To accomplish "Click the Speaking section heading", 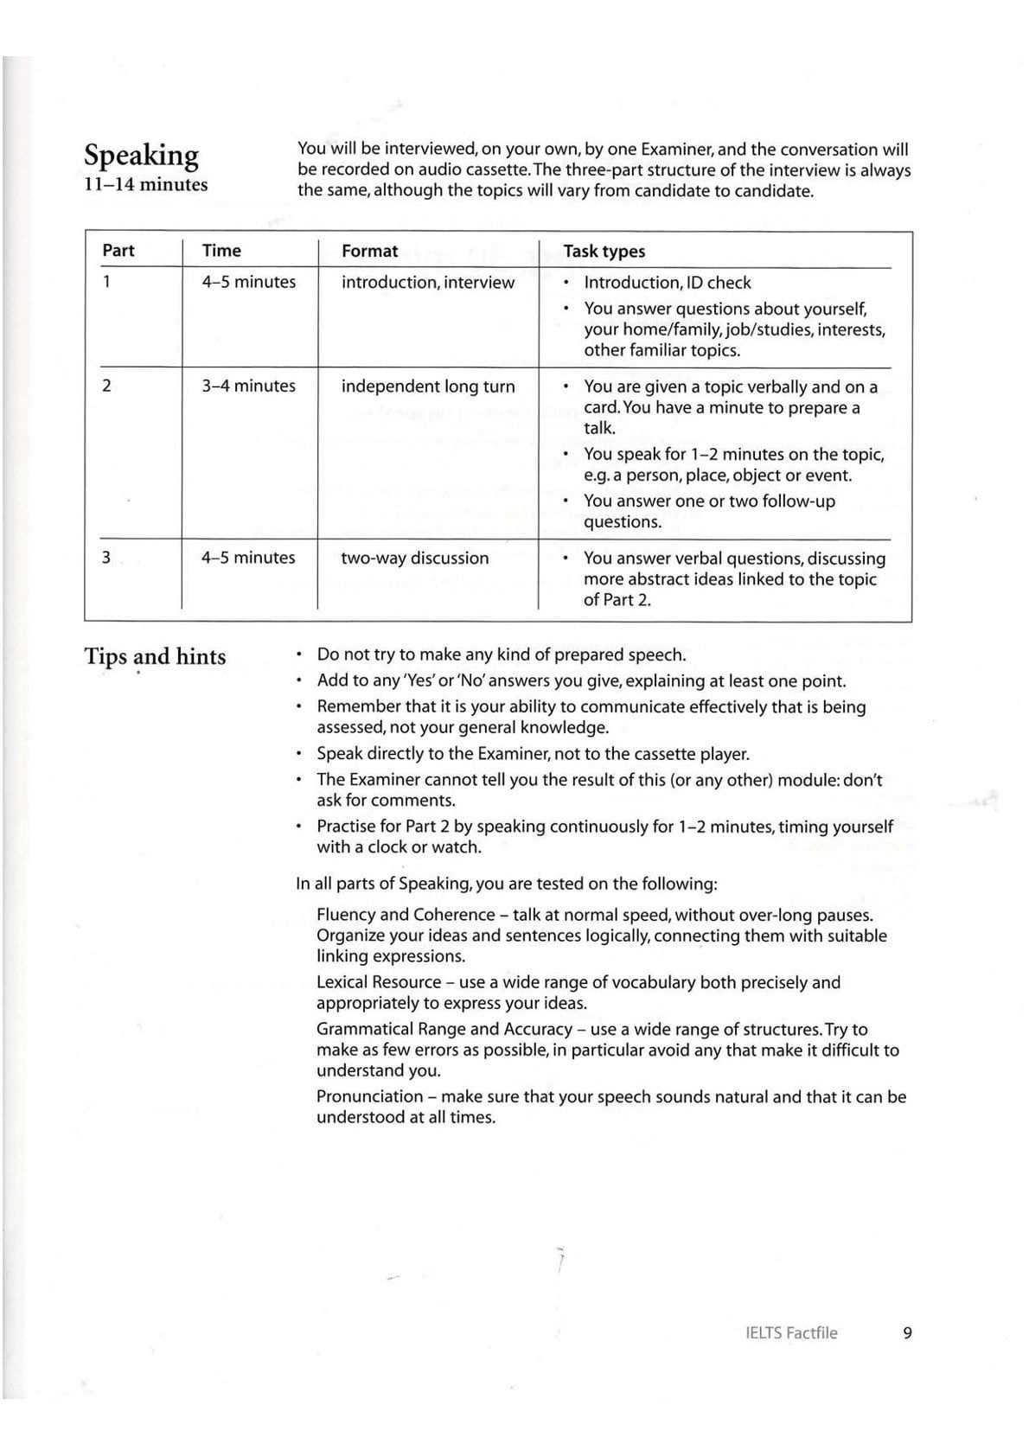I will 141,156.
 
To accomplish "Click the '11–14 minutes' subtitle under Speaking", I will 145,184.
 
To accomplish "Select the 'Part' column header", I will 118,251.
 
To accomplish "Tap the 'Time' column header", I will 221,251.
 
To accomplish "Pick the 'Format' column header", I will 369,252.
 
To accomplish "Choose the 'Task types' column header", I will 604,252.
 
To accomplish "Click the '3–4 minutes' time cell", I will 248,386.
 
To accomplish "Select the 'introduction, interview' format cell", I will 427,283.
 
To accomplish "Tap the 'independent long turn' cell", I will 427,386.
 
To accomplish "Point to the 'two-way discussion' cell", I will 414,559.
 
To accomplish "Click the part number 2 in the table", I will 106,386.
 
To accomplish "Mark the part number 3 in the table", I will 106,559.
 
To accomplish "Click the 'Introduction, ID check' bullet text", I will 667,283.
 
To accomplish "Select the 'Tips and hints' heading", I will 155,657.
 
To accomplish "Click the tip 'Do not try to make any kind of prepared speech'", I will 501,655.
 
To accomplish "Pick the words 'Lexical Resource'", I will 379,982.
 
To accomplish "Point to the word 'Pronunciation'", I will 369,1097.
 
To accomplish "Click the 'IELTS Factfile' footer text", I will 790,1333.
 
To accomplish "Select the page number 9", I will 907,1333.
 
